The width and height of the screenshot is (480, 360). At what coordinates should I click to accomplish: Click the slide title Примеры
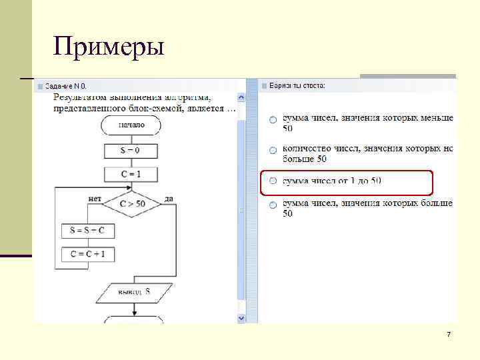(x=109, y=47)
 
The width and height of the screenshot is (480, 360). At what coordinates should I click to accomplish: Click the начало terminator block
(x=131, y=124)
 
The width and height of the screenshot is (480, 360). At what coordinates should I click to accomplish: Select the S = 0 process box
(x=131, y=151)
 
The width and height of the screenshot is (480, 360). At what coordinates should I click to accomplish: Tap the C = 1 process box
(x=131, y=175)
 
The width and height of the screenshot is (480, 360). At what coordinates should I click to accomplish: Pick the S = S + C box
(x=87, y=231)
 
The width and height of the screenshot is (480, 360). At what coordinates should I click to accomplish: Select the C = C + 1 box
(x=87, y=254)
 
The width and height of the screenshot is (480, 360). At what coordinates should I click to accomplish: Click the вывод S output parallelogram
(x=135, y=291)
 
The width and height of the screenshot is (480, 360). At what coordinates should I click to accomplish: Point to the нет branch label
(x=95, y=198)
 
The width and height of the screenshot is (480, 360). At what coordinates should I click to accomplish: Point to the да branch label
(x=169, y=198)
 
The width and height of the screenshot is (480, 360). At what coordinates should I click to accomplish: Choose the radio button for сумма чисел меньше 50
(x=273, y=119)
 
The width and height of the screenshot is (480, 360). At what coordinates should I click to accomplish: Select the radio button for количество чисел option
(x=273, y=150)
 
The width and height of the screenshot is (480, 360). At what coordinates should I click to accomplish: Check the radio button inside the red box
(x=273, y=181)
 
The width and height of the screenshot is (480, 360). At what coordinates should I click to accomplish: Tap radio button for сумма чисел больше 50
(x=273, y=205)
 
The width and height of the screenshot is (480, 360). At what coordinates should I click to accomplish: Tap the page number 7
(x=449, y=334)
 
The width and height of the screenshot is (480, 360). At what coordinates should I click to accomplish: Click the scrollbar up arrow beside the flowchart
(x=241, y=97)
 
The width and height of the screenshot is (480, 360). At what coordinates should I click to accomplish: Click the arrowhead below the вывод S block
(x=134, y=311)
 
